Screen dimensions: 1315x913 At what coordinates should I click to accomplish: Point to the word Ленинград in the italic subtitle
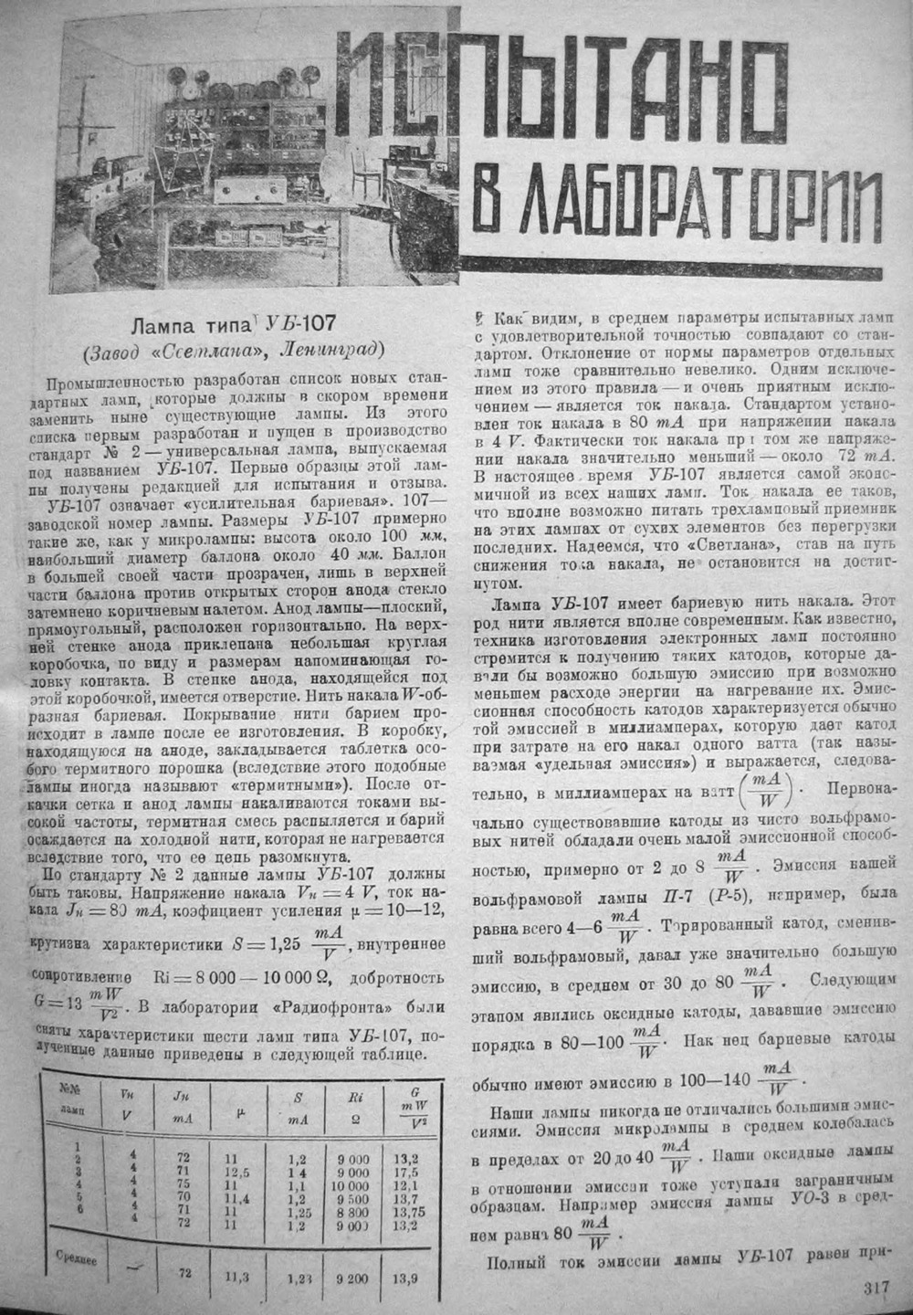331,350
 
